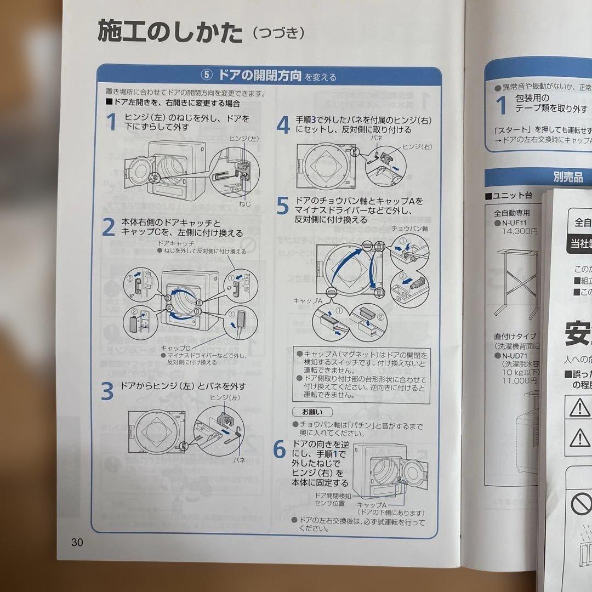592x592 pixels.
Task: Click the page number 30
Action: pyautogui.click(x=77, y=542)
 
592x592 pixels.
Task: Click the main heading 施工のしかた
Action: pyautogui.click(x=170, y=33)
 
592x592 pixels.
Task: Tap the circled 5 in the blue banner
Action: pyautogui.click(x=207, y=76)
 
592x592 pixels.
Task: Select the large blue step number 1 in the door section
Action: pyautogui.click(x=111, y=122)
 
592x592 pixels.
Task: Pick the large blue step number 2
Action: pyautogui.click(x=108, y=227)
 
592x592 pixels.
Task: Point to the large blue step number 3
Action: pyautogui.click(x=107, y=391)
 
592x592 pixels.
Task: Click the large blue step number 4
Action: pyautogui.click(x=283, y=125)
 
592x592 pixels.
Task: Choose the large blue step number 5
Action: pyautogui.click(x=282, y=207)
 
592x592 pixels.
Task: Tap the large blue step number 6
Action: pyautogui.click(x=280, y=449)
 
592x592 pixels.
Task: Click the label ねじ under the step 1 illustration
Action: pyautogui.click(x=245, y=203)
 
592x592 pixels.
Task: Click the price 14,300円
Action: pyautogui.click(x=519, y=231)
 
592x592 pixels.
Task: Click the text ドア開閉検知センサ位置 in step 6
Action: pyautogui.click(x=330, y=499)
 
